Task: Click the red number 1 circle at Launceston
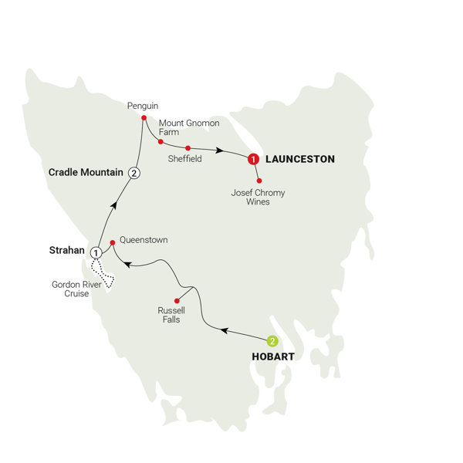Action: click(x=252, y=160)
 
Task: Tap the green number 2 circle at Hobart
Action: click(x=272, y=341)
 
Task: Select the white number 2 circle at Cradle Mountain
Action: click(x=135, y=173)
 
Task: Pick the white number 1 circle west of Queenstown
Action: click(x=96, y=252)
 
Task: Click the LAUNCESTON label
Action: click(x=299, y=160)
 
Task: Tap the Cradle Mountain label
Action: click(x=86, y=172)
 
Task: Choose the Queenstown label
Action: click(x=144, y=240)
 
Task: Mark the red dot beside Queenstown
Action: click(x=113, y=242)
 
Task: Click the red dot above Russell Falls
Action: click(x=177, y=300)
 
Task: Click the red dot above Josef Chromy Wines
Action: click(x=259, y=181)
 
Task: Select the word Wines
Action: click(x=257, y=202)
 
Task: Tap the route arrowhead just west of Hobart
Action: click(x=225, y=331)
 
